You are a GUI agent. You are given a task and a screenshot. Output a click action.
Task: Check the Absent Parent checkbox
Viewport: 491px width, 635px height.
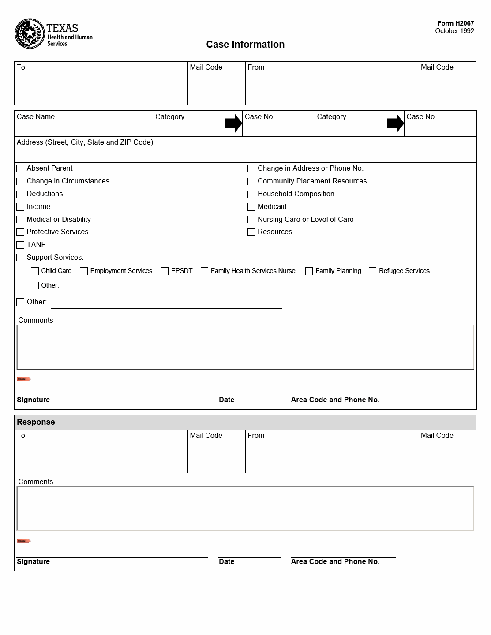click(20, 168)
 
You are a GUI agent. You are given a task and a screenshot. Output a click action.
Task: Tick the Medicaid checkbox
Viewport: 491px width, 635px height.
click(251, 207)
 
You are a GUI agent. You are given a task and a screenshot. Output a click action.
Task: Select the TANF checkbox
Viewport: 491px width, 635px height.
click(20, 245)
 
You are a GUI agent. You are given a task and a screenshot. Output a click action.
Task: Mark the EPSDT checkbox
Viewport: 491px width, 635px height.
click(165, 271)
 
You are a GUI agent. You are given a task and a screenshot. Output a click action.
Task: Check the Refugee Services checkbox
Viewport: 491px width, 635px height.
click(372, 271)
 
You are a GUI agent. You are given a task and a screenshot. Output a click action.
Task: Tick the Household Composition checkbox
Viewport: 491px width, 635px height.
click(251, 194)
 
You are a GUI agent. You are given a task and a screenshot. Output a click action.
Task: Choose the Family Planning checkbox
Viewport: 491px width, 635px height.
click(309, 271)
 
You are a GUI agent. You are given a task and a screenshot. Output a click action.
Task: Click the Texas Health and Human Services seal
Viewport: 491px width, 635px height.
click(30, 34)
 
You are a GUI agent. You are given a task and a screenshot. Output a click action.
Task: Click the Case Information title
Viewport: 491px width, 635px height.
click(245, 45)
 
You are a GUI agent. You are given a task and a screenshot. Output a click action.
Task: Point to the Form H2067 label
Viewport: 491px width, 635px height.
click(455, 23)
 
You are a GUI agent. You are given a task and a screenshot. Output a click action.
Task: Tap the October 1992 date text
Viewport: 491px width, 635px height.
click(454, 31)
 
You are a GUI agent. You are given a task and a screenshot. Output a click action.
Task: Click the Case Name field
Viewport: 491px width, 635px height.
click(83, 127)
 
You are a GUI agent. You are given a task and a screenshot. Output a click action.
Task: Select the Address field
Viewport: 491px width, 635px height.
click(245, 153)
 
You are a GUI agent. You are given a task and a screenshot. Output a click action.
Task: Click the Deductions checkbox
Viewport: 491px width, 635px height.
click(20, 194)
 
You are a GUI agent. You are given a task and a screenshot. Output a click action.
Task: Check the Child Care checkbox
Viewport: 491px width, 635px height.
click(35, 271)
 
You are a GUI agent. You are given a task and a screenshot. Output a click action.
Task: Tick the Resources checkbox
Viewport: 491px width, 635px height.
click(251, 232)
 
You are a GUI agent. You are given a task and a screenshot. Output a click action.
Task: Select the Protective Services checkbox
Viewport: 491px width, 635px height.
click(20, 232)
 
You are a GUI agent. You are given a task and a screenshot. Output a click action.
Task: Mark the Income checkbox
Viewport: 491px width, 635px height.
click(20, 207)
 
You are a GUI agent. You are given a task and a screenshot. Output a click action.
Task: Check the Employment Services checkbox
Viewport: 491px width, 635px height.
click(84, 271)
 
